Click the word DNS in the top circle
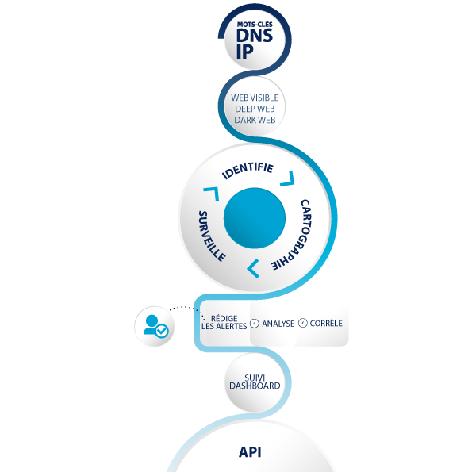tap(255, 36)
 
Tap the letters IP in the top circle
tap(244, 52)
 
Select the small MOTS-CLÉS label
tap(255, 24)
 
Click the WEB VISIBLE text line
tap(255, 98)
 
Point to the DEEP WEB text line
tap(255, 109)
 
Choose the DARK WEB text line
tap(255, 120)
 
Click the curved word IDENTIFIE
tap(248, 170)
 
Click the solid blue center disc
tap(255, 218)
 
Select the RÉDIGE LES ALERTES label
tap(224, 322)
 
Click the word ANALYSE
tap(278, 324)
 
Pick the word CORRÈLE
tap(326, 323)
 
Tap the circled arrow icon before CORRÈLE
tap(302, 323)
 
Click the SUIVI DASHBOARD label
tap(255, 382)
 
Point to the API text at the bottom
tap(250, 452)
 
